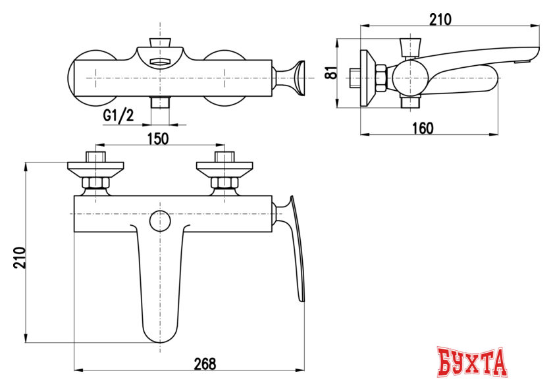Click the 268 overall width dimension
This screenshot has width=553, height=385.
[x=205, y=364]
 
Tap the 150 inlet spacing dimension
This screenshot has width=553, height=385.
[x=157, y=138]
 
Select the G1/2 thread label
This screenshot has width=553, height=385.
[x=118, y=116]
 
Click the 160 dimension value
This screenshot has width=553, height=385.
[x=421, y=128]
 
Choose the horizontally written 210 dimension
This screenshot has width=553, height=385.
[x=440, y=20]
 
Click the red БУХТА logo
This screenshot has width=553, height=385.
[x=473, y=363]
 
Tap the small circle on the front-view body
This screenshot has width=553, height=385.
[x=159, y=221]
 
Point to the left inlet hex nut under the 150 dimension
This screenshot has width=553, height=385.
[x=95, y=183]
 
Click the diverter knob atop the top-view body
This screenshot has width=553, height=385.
[x=159, y=45]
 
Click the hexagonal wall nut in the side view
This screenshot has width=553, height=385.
[x=381, y=77]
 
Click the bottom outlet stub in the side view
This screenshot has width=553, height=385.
[x=411, y=103]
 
